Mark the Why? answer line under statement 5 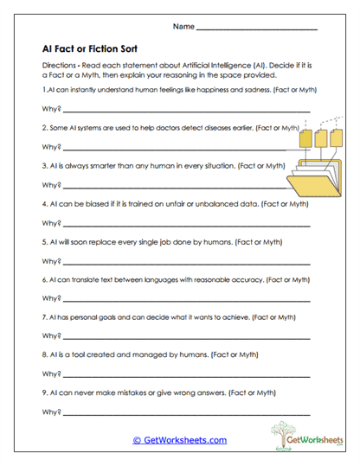point(186,262)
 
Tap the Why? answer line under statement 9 point(186,412)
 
